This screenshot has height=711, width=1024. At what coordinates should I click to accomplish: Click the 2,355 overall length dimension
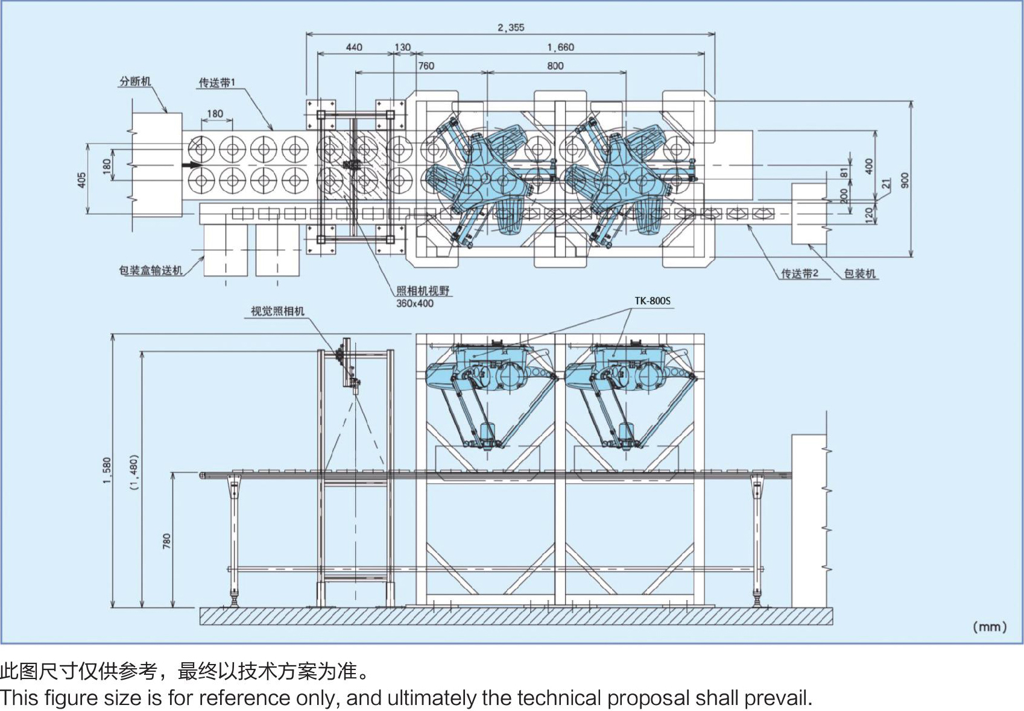(511, 28)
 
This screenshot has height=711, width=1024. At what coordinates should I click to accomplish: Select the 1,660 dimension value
(560, 48)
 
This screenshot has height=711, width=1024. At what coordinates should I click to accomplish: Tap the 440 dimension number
(354, 48)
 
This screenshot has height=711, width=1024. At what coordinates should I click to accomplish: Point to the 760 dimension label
(426, 66)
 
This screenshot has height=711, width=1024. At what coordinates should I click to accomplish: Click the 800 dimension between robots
(555, 66)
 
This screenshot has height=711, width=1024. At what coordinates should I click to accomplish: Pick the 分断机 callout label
(135, 81)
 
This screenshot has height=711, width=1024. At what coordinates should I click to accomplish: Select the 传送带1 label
(217, 83)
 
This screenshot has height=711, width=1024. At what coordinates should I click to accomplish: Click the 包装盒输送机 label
(151, 271)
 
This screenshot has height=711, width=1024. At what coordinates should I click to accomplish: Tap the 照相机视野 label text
(423, 291)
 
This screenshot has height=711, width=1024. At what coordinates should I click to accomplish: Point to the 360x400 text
(415, 304)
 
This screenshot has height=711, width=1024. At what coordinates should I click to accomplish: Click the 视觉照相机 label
(277, 312)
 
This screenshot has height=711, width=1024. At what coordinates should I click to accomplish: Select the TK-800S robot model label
(653, 301)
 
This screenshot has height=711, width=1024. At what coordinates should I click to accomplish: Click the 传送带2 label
(800, 274)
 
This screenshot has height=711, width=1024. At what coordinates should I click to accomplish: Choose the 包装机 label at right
(859, 274)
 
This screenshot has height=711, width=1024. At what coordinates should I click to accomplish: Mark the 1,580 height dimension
(107, 471)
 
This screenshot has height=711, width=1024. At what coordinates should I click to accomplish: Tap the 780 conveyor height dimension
(166, 540)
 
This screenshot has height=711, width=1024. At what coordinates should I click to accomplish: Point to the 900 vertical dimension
(905, 180)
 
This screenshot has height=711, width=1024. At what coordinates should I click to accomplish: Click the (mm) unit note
(990, 627)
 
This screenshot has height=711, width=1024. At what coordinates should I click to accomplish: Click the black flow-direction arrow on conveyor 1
(192, 164)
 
